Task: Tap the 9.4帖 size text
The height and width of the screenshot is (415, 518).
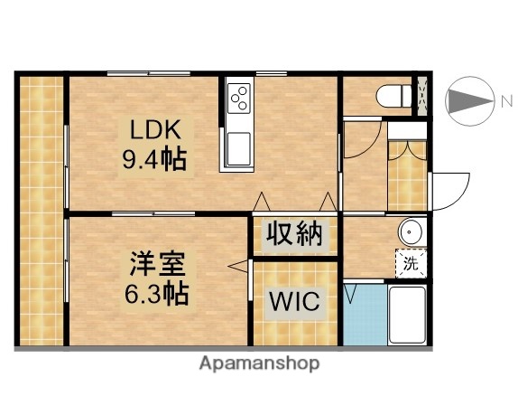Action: pyautogui.click(x=154, y=160)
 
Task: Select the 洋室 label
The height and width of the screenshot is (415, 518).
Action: pyautogui.click(x=155, y=264)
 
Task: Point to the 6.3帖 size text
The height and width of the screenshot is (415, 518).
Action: pyautogui.click(x=155, y=294)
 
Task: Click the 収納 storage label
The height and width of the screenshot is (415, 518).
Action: pyautogui.click(x=294, y=235)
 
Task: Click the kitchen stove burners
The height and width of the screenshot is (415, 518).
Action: pyautogui.click(x=239, y=98)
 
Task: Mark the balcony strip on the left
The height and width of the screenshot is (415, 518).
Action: pyautogui.click(x=42, y=210)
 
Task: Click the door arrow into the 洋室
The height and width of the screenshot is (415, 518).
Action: pyautogui.click(x=238, y=266)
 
